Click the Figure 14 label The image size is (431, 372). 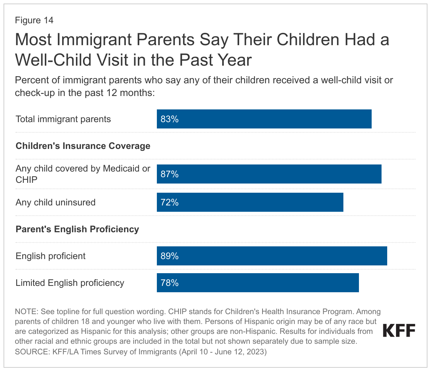pos(34,20)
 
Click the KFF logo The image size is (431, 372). pos(399,331)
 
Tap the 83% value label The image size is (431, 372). pos(170,119)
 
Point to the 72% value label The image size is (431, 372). pos(170,203)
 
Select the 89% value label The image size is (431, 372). pos(170,256)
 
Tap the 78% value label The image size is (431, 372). pos(170,283)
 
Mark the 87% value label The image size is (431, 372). pos(170,174)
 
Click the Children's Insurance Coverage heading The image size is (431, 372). pos(83,146)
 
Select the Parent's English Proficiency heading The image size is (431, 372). pos(77,229)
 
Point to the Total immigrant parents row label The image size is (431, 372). pos(63,119)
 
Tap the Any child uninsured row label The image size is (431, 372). pos(55,203)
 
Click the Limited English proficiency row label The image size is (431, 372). pos(70,283)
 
